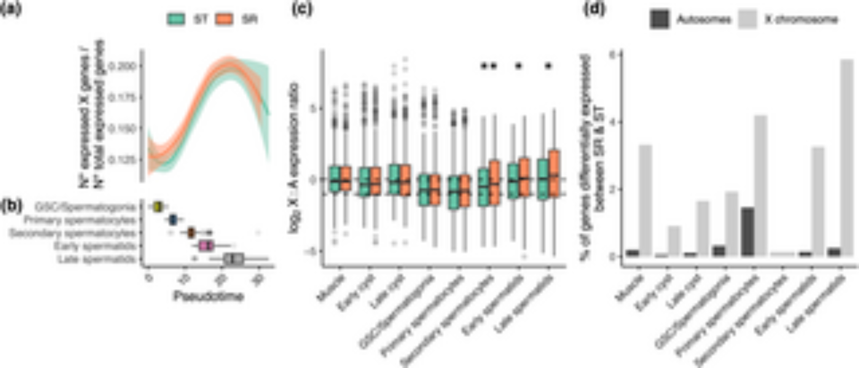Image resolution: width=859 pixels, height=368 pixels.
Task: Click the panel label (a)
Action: (11, 9)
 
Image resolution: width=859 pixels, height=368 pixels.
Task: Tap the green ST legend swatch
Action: (176, 19)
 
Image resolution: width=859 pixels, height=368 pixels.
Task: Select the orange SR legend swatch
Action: (224, 19)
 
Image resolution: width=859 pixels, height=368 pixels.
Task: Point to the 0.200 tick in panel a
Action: (122, 66)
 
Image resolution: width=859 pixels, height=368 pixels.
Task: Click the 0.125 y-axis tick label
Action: (122, 160)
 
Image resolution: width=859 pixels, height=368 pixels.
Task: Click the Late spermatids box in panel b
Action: (234, 259)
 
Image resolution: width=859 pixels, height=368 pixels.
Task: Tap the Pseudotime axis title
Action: (209, 296)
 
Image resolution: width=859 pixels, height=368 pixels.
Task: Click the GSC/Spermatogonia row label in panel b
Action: (85, 207)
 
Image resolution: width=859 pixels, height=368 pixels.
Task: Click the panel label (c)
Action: (302, 9)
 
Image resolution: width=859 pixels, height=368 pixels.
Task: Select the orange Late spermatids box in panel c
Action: (554, 173)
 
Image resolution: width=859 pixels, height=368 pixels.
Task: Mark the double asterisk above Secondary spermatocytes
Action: (488, 66)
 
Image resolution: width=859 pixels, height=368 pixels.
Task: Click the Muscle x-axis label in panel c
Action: (331, 288)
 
